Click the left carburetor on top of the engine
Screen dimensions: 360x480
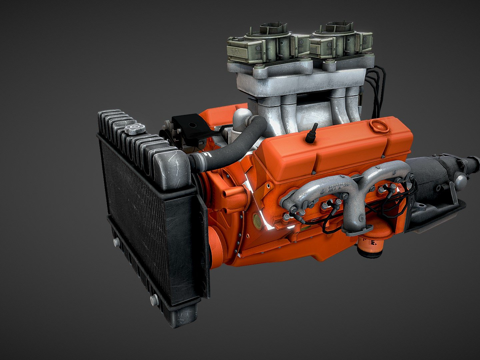[262, 45]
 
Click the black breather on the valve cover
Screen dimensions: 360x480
[313, 132]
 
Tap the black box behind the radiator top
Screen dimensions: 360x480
[188, 126]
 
